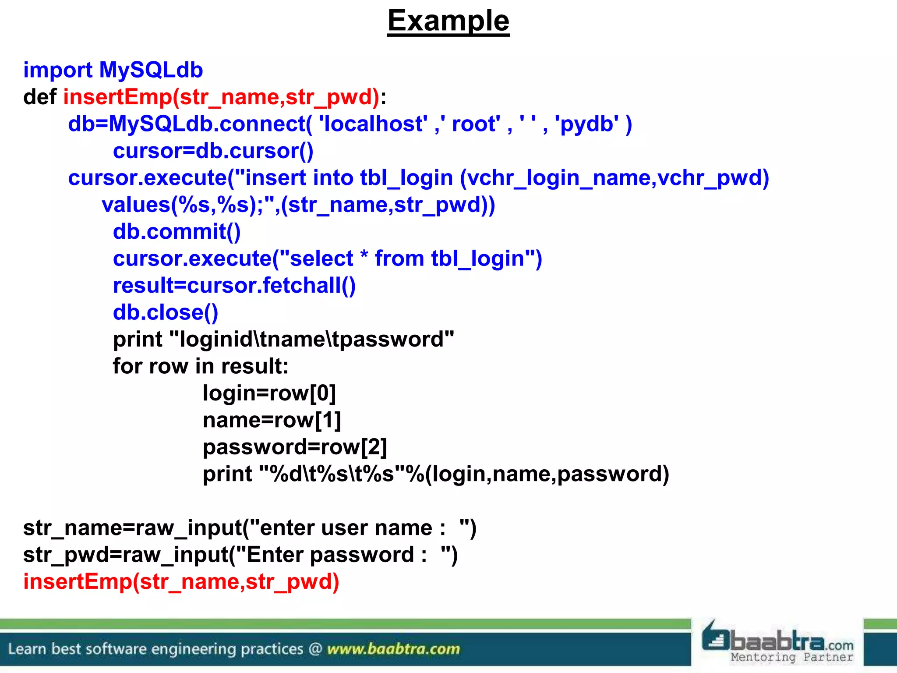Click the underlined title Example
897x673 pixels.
tap(448, 21)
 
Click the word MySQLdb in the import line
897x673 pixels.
tap(151, 70)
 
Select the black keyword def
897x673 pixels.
tap(39, 97)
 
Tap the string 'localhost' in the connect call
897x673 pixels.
tap(373, 124)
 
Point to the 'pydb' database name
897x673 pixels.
tap(587, 124)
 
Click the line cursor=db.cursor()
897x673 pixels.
tap(213, 151)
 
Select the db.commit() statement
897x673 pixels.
tap(177, 232)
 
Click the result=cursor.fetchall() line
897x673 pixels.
tap(234, 286)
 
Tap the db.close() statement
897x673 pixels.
tap(165, 312)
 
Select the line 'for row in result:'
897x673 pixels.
tap(201, 366)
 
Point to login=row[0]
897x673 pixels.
tap(269, 393)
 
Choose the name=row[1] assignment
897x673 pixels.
tap(272, 420)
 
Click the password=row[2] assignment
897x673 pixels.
tap(295, 447)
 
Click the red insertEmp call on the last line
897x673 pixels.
tap(181, 582)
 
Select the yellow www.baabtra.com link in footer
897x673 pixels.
tap(393, 648)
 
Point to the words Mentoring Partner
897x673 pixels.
tap(791, 657)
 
